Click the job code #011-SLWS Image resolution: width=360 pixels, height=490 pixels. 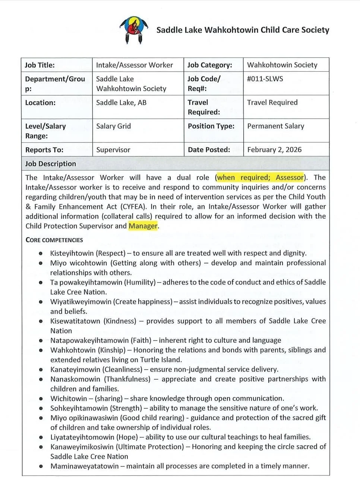click(x=265, y=79)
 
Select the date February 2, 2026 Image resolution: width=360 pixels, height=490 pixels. click(x=274, y=150)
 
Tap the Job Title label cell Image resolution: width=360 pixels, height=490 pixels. click(x=40, y=65)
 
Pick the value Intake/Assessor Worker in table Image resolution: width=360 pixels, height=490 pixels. click(x=135, y=65)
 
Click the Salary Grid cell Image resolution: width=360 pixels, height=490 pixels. click(x=114, y=126)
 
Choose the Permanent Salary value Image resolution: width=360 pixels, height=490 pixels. click(x=276, y=126)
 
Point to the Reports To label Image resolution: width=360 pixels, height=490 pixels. click(x=44, y=150)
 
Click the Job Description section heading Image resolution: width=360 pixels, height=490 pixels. click(x=50, y=164)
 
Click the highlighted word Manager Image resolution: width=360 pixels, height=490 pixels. click(x=143, y=226)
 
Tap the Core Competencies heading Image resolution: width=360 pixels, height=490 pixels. click(x=54, y=240)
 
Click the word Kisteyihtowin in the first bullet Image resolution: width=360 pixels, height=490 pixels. click(x=72, y=253)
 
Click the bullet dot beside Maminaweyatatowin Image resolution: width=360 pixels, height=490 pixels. click(x=41, y=466)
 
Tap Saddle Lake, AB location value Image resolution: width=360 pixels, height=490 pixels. click(x=121, y=103)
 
